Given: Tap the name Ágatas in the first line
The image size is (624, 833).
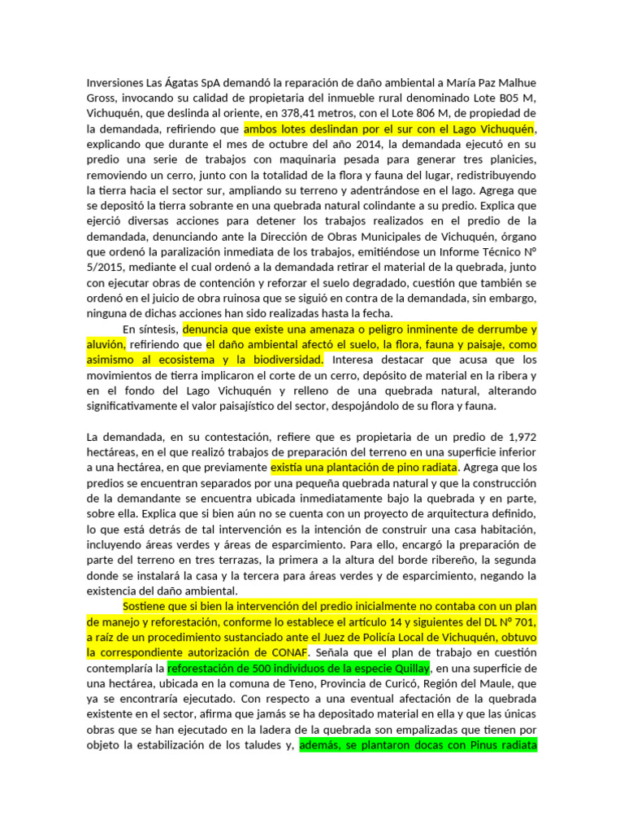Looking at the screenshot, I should [x=188, y=83].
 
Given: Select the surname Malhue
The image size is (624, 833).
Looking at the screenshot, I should [x=513, y=83].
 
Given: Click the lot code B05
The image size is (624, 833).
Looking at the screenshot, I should [x=495, y=98].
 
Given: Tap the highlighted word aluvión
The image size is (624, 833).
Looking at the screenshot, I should [x=104, y=345].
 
